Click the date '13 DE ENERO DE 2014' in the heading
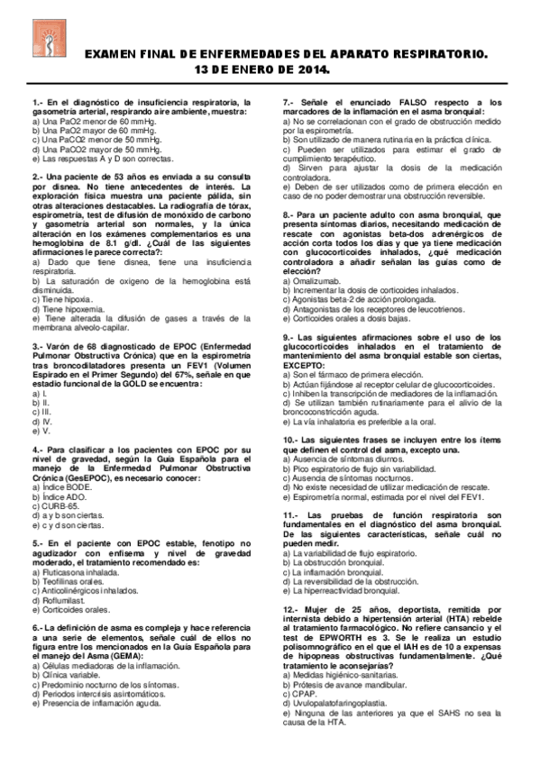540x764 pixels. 269,68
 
